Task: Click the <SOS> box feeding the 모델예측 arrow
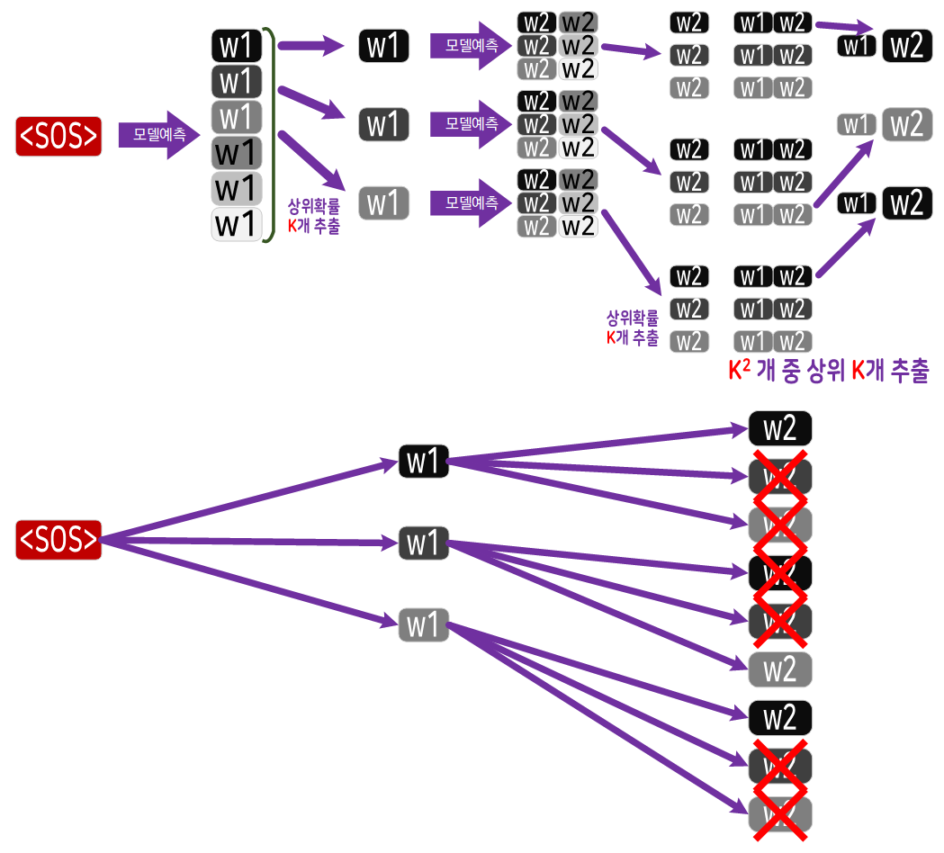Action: point(58,135)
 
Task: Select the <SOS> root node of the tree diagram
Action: point(58,539)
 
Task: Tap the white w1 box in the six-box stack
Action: point(237,223)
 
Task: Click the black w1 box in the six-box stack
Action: point(237,45)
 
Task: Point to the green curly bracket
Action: point(270,135)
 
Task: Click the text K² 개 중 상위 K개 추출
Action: point(828,371)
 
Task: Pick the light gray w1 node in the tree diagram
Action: point(423,624)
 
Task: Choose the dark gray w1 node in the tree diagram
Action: point(423,543)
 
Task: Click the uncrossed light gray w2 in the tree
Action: point(780,669)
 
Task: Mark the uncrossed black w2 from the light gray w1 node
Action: point(780,718)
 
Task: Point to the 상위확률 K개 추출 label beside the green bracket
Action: point(313,217)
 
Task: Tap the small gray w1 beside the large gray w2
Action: point(856,124)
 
